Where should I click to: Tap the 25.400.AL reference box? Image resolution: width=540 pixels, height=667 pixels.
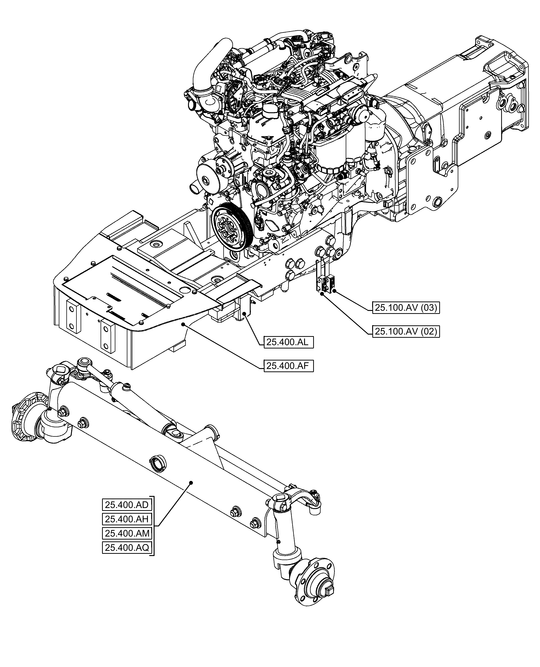(288, 342)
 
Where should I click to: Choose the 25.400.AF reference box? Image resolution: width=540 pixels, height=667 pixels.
(288, 366)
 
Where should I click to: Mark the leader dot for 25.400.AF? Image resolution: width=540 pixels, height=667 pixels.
(184, 324)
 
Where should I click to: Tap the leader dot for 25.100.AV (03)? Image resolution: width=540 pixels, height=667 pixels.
(334, 291)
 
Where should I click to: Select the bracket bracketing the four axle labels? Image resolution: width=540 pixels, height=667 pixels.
(153, 526)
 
